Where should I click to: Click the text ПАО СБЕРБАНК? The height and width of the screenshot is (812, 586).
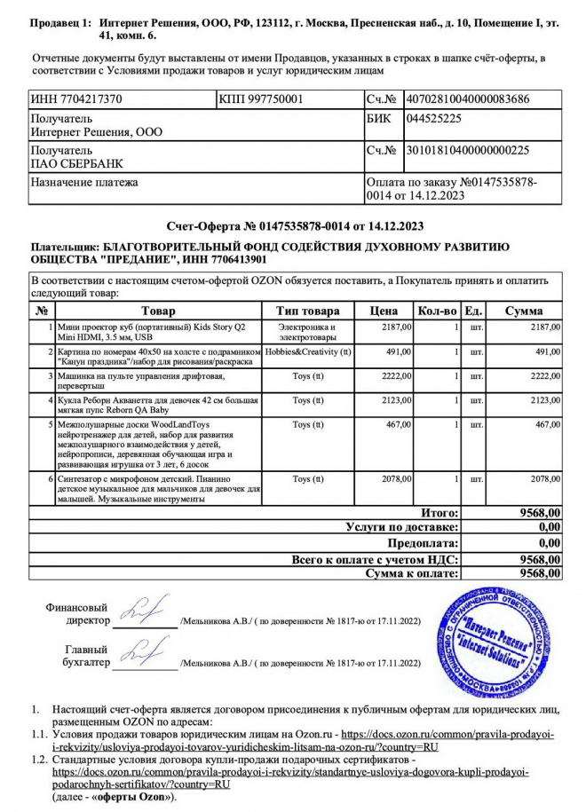(x=74, y=163)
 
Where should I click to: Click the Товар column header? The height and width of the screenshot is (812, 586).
(x=158, y=311)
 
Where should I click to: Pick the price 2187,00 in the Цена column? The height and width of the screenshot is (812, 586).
(x=396, y=327)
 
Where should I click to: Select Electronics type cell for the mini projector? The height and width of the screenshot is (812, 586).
(x=307, y=333)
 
